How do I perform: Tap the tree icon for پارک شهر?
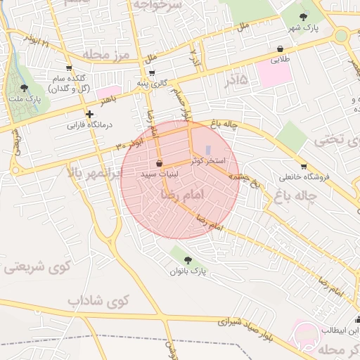(304, 15)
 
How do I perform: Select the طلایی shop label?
(281, 60)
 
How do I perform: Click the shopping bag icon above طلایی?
(281, 49)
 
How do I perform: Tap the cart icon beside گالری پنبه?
(152, 72)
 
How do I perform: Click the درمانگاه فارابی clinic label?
(89, 127)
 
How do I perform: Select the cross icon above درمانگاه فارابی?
(89, 114)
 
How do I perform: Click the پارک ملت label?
(25, 100)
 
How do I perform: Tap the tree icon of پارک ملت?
(25, 89)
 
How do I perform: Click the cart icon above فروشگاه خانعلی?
(303, 167)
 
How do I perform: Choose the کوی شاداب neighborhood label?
(99, 301)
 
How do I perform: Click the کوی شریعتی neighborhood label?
(38, 266)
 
